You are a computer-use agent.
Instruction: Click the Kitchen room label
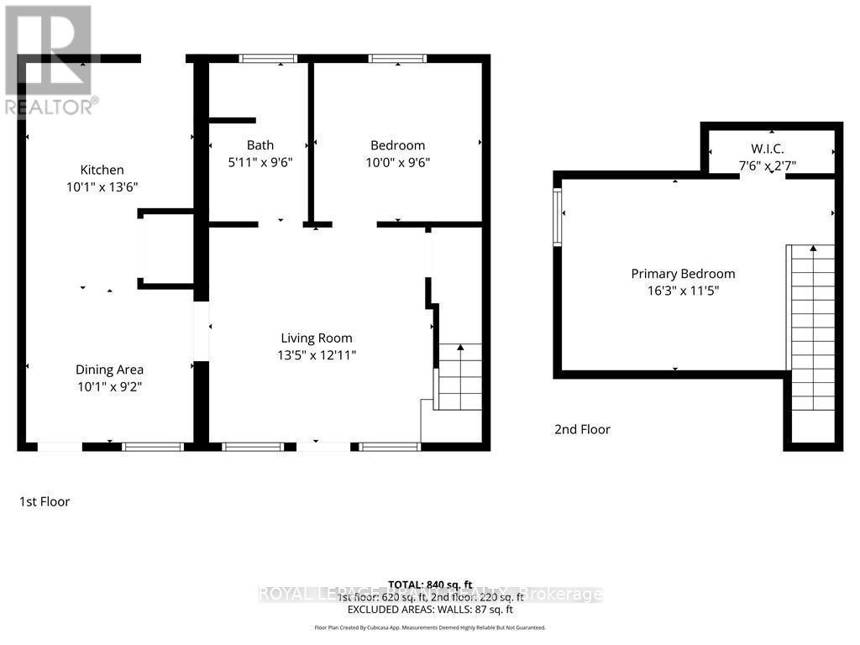(x=102, y=170)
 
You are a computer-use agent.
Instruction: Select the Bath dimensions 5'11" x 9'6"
(x=260, y=164)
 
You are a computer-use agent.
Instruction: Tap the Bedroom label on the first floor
(x=398, y=145)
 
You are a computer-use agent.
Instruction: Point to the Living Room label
(x=317, y=338)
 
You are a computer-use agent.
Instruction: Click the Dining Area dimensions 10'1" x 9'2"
(x=109, y=388)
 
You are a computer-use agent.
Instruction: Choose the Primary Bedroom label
(x=683, y=274)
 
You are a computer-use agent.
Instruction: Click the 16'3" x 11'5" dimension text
(x=683, y=291)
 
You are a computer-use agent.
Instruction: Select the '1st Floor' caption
(x=45, y=501)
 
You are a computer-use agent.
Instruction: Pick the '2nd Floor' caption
(x=582, y=429)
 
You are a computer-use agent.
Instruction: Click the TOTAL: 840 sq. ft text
(x=429, y=584)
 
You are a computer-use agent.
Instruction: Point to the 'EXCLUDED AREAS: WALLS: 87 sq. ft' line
(x=429, y=609)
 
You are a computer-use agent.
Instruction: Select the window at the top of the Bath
(x=268, y=59)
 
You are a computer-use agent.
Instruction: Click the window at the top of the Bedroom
(x=397, y=59)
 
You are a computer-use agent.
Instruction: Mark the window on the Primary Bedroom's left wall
(x=557, y=217)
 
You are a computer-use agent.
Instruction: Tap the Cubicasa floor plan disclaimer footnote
(x=429, y=627)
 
